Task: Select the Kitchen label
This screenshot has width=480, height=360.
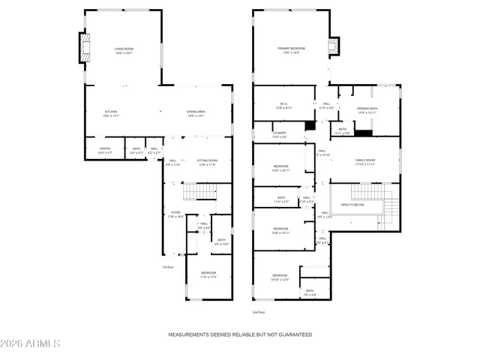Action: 111,114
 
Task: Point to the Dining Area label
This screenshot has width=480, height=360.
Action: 196,114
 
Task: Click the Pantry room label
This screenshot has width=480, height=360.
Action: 105,150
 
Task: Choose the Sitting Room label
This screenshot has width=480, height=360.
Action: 207,162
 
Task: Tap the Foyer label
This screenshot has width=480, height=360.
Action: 176,214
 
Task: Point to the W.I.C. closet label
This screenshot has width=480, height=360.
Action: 285,106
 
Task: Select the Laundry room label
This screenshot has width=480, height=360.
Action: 279,135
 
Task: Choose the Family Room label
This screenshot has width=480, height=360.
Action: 364,161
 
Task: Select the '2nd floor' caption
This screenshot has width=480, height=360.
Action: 258,312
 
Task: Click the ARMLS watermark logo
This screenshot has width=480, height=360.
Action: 31,343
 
